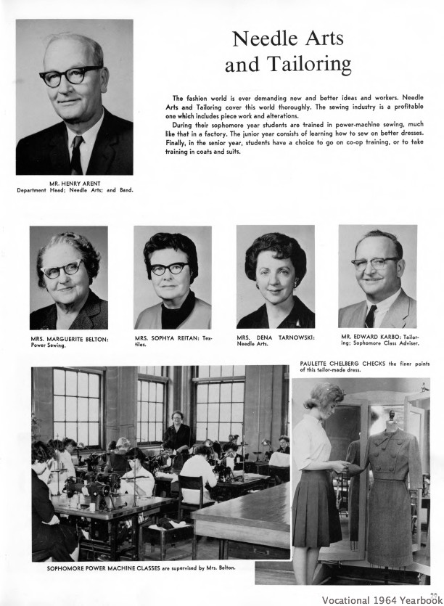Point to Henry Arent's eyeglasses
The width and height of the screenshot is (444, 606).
pos(71,75)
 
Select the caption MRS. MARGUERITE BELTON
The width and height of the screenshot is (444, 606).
pos(70,338)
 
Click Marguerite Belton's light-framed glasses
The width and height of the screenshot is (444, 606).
pos(63,268)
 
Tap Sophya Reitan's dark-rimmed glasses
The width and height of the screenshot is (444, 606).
pos(169,269)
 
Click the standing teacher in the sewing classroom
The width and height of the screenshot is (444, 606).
pos(176,430)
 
